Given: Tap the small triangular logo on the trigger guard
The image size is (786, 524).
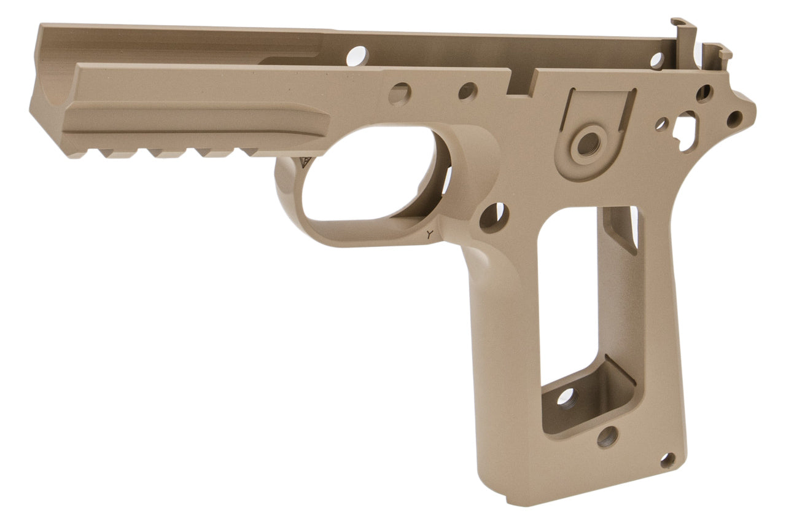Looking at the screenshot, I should coord(306,163).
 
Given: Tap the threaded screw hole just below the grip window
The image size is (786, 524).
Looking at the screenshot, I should coord(607,437).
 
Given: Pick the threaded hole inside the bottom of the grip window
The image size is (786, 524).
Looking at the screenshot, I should coord(566,399).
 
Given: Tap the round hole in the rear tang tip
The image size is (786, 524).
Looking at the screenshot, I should coord(734,119).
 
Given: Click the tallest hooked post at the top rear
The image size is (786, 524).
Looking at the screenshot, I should coord(683,31).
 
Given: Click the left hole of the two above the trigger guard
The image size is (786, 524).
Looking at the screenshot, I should coord(400,94).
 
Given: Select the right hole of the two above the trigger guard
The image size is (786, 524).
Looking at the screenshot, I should coord(467,92).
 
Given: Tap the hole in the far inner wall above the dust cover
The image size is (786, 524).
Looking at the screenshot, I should coord(357,57).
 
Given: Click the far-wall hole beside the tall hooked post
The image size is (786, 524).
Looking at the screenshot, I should coord(657,60).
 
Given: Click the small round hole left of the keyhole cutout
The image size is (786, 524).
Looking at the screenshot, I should coord(661,124).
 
